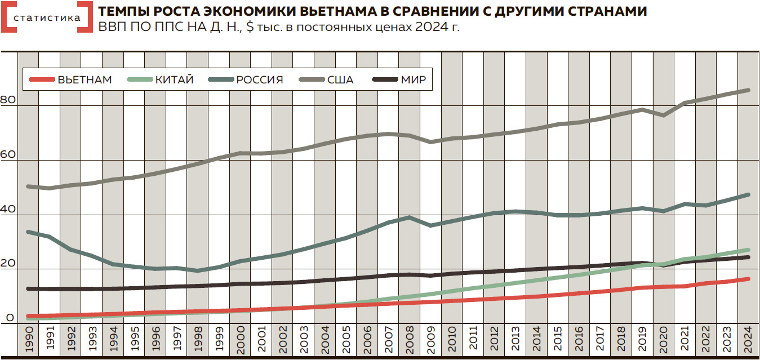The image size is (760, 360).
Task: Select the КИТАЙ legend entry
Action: [174, 80]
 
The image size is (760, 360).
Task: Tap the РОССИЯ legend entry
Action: [259, 80]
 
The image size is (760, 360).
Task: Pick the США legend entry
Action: [340, 80]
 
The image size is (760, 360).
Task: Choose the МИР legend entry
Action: [414, 80]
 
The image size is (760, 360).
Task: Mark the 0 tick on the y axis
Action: [10, 318]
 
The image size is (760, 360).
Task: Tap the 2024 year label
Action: [748, 339]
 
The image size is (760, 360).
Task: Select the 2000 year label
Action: [241, 339]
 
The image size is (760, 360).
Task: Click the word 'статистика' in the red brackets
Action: [47, 17]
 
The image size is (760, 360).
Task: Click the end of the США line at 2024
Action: [748, 90]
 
